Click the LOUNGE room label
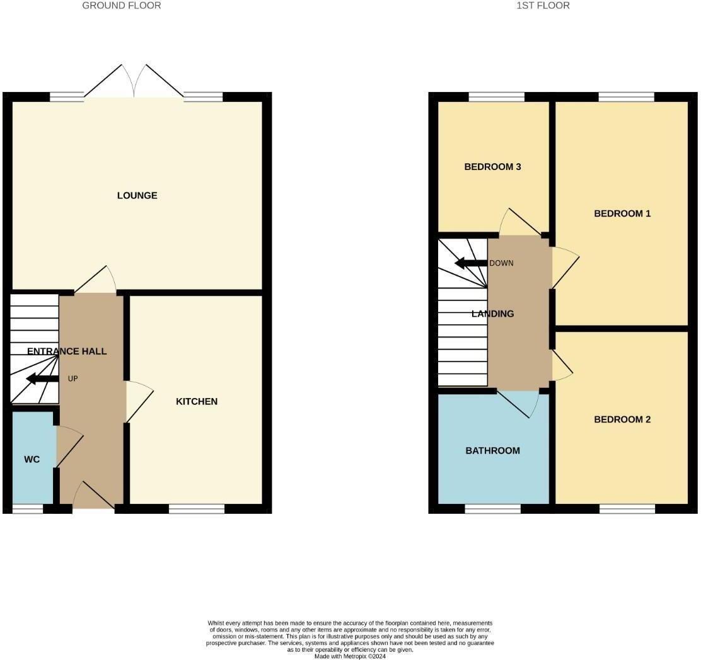pos(137,195)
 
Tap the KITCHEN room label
pos(196,401)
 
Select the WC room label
pos(32,459)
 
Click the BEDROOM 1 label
pos(622,213)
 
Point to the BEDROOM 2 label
pos(622,419)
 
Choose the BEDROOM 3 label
pos(492,167)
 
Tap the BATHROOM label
pos(492,450)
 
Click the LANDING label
pos(492,314)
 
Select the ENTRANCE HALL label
pos(67,351)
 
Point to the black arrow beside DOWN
pos(470,263)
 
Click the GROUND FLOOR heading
pos(122,6)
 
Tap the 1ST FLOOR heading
pos(543,6)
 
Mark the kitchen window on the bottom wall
pos(197,509)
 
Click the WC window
pos(28,509)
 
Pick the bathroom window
pos(492,509)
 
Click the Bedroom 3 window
pos(496,96)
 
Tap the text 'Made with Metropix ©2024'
pos(350,656)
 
